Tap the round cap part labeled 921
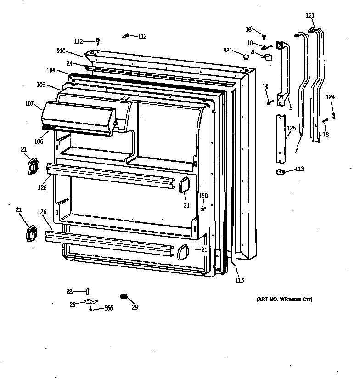tap(246, 57)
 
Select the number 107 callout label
tap(30, 103)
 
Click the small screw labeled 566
tap(91, 309)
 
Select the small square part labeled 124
tap(334, 115)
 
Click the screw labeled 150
tap(202, 209)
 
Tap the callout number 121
tap(310, 16)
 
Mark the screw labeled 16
tap(269, 102)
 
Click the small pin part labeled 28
tap(87, 291)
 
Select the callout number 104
tap(51, 70)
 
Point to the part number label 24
tap(69, 63)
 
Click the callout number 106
tap(39, 141)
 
